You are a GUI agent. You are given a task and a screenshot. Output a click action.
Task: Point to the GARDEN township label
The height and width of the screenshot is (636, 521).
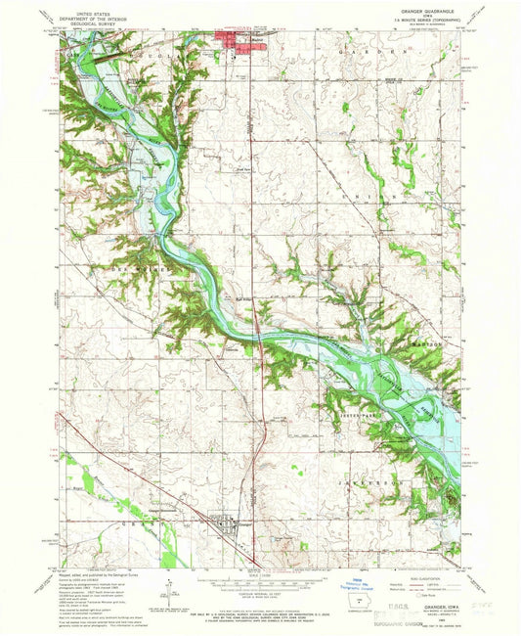[x=372, y=48]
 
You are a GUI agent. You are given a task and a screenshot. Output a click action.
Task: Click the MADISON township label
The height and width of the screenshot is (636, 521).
[x=429, y=344]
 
